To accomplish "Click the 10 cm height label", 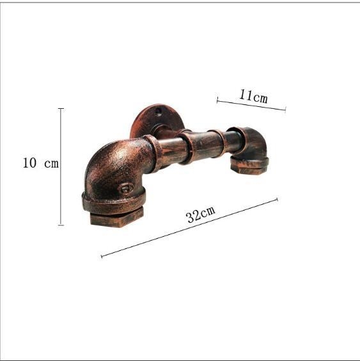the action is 41,163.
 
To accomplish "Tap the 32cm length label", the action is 201,214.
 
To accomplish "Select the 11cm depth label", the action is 253,96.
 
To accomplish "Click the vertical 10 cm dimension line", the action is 61,166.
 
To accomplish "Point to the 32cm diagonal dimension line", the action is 189,228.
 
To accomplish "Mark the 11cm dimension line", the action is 251,105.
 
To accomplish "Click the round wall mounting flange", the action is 157,121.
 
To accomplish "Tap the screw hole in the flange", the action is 159,111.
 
